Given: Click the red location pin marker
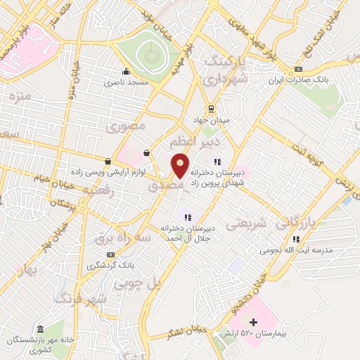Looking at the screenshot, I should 181,165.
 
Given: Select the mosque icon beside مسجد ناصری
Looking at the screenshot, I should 126,71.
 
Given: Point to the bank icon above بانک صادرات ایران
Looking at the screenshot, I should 299,69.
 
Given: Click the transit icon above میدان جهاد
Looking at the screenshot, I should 210,108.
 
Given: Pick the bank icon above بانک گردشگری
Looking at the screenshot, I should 110,255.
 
